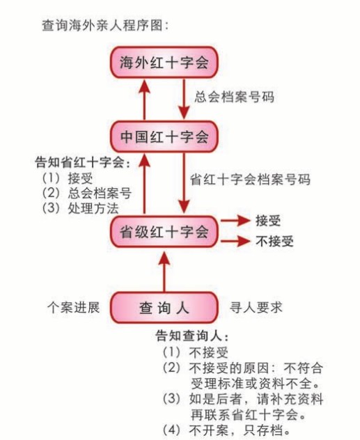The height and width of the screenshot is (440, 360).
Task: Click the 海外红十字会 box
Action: click(x=164, y=62)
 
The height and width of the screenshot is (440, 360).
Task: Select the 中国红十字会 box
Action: click(x=164, y=136)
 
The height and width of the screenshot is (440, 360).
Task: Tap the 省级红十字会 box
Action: click(x=164, y=232)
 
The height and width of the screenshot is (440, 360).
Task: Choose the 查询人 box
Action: click(x=164, y=308)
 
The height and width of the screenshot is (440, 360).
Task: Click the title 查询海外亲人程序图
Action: click(x=106, y=26)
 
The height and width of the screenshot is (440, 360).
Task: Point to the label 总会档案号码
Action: click(x=234, y=97)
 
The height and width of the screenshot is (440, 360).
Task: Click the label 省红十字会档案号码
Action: click(x=250, y=180)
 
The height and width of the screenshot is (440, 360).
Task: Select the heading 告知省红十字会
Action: click(x=82, y=162)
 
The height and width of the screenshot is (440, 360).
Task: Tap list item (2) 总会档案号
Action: click(x=87, y=194)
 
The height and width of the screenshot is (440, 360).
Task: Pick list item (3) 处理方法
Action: click(x=81, y=208)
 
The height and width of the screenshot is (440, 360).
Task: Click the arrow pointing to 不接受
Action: click(x=235, y=241)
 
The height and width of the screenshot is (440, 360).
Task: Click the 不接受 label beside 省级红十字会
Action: click(x=274, y=241)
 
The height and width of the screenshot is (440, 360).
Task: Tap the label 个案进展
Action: click(x=74, y=307)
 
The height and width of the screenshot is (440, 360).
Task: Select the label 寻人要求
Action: click(x=256, y=307)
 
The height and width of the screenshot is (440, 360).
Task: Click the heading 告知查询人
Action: click(x=191, y=336)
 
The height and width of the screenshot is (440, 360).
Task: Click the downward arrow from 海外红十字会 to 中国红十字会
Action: click(x=184, y=99)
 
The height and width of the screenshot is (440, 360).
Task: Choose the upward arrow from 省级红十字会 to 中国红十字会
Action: click(x=145, y=184)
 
